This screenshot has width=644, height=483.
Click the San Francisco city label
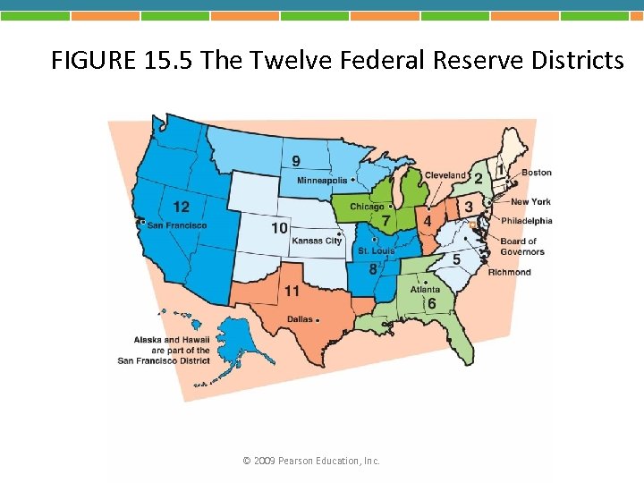[x=177, y=225]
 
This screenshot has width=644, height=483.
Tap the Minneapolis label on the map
[x=322, y=181]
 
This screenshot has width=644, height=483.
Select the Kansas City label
[x=317, y=241]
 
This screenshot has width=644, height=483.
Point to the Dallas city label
[x=300, y=319]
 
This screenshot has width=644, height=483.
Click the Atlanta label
[x=425, y=289]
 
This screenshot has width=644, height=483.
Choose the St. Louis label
[x=376, y=251]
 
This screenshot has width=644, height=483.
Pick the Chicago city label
[x=367, y=207]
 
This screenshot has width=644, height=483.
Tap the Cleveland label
[x=445, y=174]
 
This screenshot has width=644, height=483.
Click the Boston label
[x=537, y=172]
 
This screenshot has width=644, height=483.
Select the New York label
[x=530, y=202]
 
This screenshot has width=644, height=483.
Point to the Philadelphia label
[x=527, y=221]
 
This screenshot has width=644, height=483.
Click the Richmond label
[x=509, y=272]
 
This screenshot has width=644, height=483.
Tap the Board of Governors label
[x=522, y=246]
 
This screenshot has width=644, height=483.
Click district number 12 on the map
[x=181, y=207]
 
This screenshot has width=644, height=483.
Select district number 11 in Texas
[x=292, y=292]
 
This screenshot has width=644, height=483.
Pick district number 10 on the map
[x=280, y=228]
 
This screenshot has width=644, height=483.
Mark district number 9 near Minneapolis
[x=296, y=161]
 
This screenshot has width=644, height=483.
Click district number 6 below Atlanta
[x=431, y=304]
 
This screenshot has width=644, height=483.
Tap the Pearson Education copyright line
[x=311, y=461]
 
